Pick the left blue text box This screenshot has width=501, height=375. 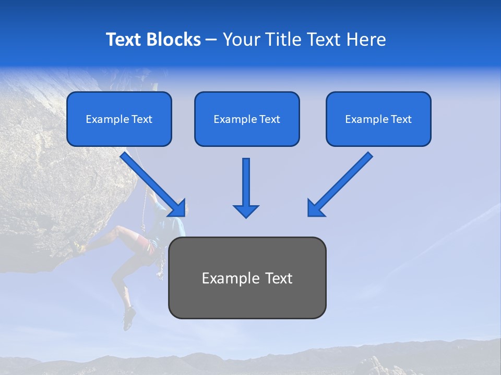click(119, 119)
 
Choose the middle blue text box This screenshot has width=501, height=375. click(247, 119)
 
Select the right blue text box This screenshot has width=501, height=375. click(378, 119)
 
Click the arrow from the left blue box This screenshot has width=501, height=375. click(151, 182)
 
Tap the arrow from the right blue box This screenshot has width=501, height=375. click(342, 182)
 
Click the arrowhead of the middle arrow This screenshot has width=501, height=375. click(246, 210)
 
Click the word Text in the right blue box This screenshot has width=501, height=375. click(401, 119)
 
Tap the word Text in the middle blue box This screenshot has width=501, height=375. click(269, 119)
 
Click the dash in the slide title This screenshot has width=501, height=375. click(211, 40)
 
